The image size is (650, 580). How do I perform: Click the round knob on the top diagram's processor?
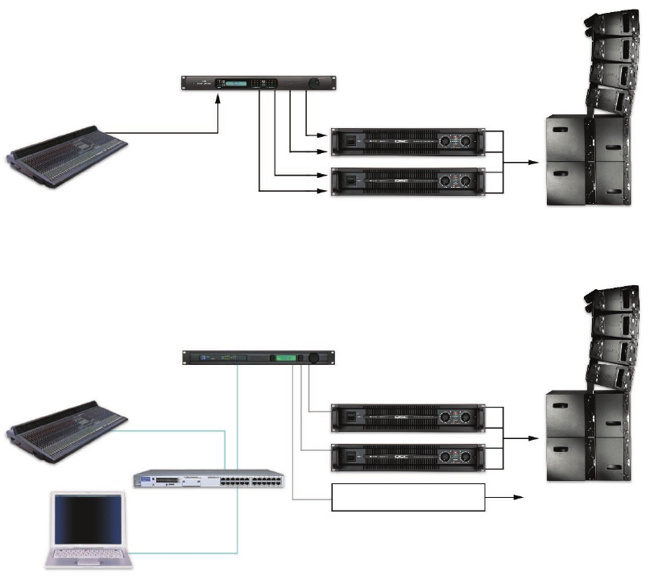pyautogui.click(x=314, y=84)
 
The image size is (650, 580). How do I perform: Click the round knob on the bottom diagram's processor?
pyautogui.click(x=314, y=358)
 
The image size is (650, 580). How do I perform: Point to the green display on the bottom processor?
pyautogui.click(x=284, y=358)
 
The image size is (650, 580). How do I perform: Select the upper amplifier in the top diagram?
pyautogui.click(x=407, y=142)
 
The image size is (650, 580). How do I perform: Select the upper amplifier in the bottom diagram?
pyautogui.click(x=407, y=417)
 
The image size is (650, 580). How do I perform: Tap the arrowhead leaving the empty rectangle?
pyautogui.click(x=520, y=498)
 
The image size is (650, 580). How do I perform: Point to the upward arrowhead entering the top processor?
pyautogui.click(x=219, y=99)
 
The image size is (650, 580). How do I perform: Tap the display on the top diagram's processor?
pyautogui.click(x=239, y=84)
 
